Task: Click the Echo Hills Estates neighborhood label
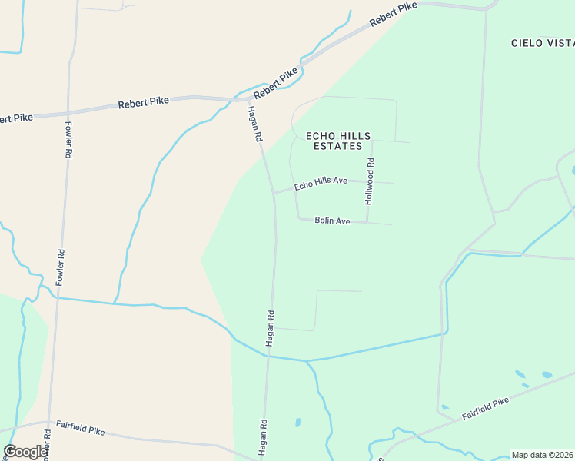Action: (x=338, y=141)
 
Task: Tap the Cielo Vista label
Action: (x=542, y=43)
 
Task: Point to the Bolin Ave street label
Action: (x=332, y=221)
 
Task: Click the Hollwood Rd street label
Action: (x=370, y=181)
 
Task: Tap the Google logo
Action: (x=25, y=452)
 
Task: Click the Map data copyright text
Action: (x=543, y=455)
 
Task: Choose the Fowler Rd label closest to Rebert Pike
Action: (x=68, y=140)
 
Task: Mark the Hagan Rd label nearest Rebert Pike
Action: (x=254, y=124)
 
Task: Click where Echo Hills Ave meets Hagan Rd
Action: (x=274, y=193)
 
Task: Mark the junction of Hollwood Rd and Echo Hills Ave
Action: (x=370, y=181)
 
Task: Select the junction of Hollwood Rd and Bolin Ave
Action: (x=368, y=223)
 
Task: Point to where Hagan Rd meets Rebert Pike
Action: (x=248, y=100)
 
